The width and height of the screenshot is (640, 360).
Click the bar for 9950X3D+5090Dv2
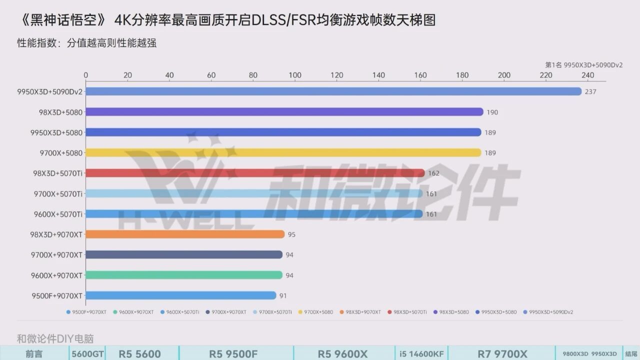pyautogui.click(x=333, y=91)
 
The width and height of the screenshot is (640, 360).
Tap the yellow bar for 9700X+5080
pyautogui.click(x=283, y=152)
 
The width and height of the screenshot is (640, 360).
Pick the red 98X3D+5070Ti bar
pyautogui.click(x=255, y=173)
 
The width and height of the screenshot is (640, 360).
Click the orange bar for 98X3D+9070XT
pyautogui.click(x=185, y=234)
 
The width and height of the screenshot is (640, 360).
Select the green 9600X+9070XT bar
pyautogui.click(x=184, y=275)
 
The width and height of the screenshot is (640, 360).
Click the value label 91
pyautogui.click(x=283, y=295)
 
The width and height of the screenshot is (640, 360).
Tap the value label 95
pyautogui.click(x=291, y=234)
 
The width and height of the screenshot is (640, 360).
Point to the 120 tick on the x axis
pyautogui.click(x=337, y=75)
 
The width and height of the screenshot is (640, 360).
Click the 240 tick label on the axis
pyautogui.click(x=588, y=75)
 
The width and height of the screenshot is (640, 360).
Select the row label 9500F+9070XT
pyautogui.click(x=56, y=295)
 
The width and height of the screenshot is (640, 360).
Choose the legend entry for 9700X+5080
pyautogui.click(x=318, y=312)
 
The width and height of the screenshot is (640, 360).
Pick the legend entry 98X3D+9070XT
pyautogui.click(x=362, y=312)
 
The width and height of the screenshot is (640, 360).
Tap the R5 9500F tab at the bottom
pyautogui.click(x=233, y=354)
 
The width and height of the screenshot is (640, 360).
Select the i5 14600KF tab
pyautogui.click(x=421, y=354)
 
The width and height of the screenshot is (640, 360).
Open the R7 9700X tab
pyautogui.click(x=502, y=354)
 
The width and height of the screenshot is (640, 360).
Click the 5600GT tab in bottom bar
pyautogui.click(x=87, y=354)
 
